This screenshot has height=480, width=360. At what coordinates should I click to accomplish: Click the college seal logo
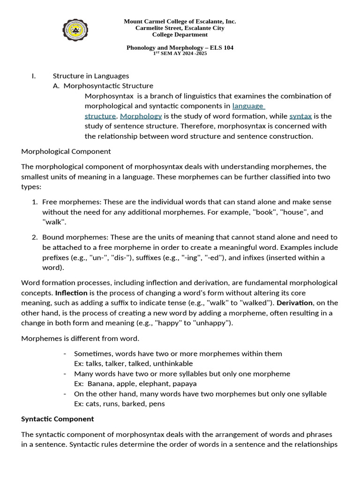pyautogui.click(x=75, y=30)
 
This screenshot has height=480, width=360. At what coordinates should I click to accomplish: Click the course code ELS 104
pyautogui.click(x=221, y=48)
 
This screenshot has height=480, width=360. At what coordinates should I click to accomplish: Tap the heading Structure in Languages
pyautogui.click(x=91, y=75)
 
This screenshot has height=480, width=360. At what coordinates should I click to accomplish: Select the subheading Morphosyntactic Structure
pyautogui.click(x=108, y=86)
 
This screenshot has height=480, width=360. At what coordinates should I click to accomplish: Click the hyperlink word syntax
pyautogui.click(x=300, y=116)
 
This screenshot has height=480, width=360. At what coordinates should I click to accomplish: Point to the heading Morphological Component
pyautogui.click(x=66, y=151)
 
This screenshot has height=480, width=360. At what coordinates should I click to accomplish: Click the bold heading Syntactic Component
pyautogui.click(x=58, y=419)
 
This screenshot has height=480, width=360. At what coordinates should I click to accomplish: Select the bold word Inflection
pyautogui.click(x=71, y=293)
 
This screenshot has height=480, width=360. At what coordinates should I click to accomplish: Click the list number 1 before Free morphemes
pyautogui.click(x=35, y=202)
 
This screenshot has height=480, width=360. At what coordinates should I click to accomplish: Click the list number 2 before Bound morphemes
pyautogui.click(x=35, y=237)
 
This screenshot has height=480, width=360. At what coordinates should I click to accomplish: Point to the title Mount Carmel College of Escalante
pyautogui.click(x=180, y=22)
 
